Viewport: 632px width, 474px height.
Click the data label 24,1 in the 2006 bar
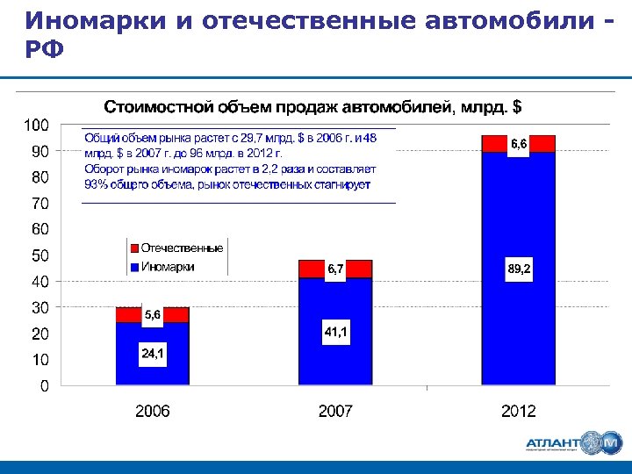[152, 354]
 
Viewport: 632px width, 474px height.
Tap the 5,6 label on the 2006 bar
[152, 314]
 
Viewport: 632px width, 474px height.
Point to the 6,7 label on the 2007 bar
[335, 269]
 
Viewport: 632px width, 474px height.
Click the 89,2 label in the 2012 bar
[518, 269]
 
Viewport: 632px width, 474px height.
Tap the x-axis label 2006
[152, 411]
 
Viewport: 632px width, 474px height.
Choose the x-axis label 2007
[335, 411]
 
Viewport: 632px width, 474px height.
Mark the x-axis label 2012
[518, 411]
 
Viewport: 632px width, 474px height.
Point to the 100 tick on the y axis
[35, 126]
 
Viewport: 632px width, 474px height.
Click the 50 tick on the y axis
[39, 255]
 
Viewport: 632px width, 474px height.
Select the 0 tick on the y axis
[43, 385]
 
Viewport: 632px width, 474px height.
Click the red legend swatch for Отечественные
[134, 248]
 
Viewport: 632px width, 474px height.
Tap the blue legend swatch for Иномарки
[134, 267]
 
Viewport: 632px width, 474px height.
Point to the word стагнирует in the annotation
[337, 185]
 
